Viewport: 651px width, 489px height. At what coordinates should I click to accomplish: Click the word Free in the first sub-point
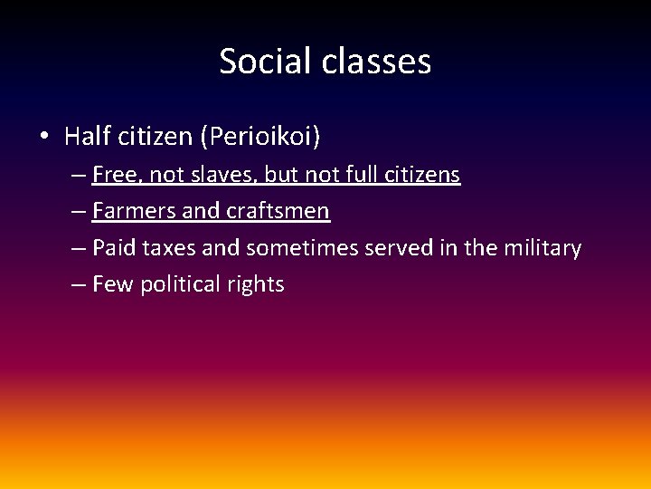click(112, 175)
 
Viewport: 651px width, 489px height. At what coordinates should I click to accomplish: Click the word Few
click(112, 284)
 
